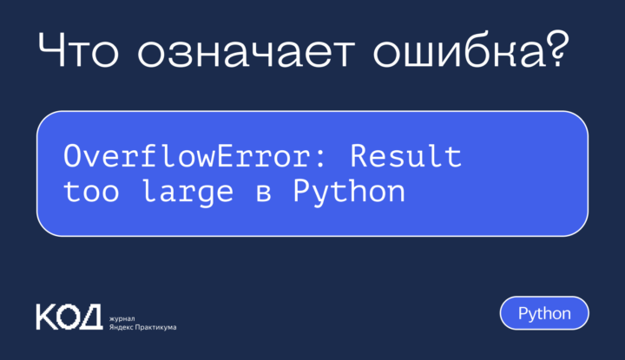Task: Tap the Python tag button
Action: (544, 313)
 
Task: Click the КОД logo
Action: (69, 316)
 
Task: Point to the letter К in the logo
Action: (45, 316)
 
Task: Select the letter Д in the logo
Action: (92, 317)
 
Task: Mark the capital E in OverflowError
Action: (241, 159)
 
